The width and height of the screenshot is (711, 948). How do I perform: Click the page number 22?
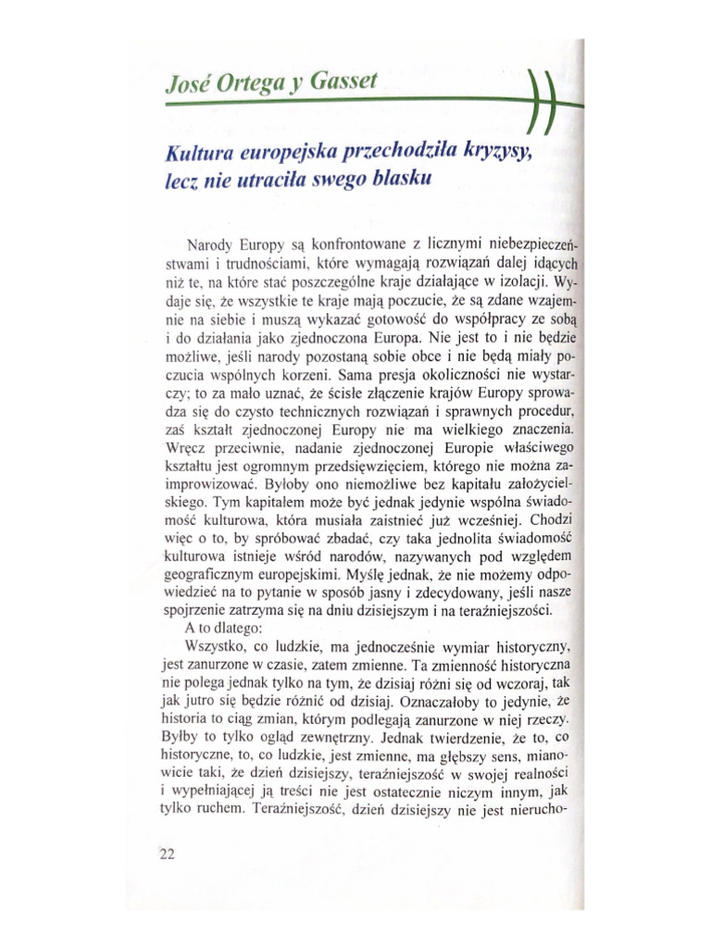[x=167, y=854]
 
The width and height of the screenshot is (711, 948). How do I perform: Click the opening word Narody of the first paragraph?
[x=211, y=246]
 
